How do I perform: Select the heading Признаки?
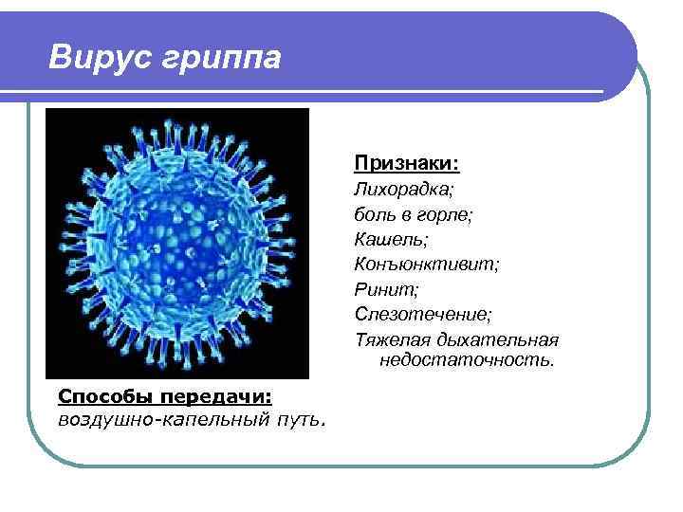[x=407, y=163]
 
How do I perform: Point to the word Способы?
[x=99, y=395]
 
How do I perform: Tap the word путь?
[x=304, y=418]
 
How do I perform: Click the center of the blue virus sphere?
[x=177, y=242]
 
